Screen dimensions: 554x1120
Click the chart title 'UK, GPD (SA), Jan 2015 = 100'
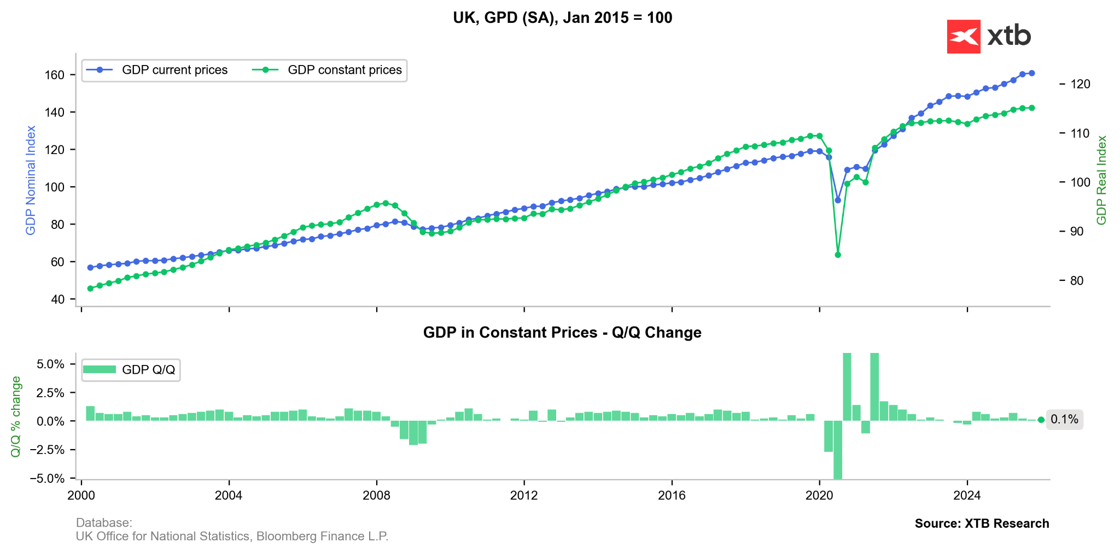[x=562, y=18]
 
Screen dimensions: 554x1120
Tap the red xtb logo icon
[x=963, y=37]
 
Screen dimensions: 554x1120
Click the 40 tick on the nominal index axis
[x=57, y=299]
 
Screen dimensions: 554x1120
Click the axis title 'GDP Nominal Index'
[x=31, y=180]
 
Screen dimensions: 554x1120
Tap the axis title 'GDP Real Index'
[x=1101, y=180]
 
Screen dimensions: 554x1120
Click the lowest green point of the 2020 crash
[x=838, y=255]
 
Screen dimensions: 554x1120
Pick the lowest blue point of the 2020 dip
[x=838, y=201]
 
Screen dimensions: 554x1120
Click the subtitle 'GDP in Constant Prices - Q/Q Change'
[x=562, y=333]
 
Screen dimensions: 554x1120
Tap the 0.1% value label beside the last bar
[x=1064, y=420]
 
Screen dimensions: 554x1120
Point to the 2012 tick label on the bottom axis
[x=524, y=496]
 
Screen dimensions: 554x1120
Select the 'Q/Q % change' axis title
[x=16, y=416]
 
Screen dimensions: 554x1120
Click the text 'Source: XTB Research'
[x=982, y=523]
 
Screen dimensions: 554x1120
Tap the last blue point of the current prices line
[x=1031, y=73]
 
